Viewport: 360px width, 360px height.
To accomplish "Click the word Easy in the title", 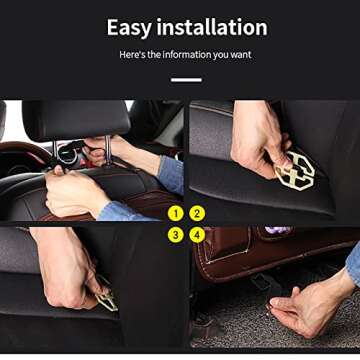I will tap(131, 28).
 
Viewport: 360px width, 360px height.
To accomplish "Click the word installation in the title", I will tap(212, 28).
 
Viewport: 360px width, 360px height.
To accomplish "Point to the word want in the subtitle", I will tap(241, 54).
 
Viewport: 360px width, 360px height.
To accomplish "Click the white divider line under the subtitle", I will tap(185, 80).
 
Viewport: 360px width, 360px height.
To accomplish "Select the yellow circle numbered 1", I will tap(176, 213).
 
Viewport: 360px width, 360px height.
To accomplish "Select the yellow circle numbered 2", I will tap(197, 213).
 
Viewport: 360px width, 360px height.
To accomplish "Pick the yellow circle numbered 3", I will tap(176, 235).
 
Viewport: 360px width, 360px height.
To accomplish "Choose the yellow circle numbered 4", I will tap(197, 235).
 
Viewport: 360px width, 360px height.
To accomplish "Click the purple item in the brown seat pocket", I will tap(276, 231).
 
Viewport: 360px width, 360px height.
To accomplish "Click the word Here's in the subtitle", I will tap(133, 54).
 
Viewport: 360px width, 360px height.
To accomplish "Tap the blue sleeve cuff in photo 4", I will tap(353, 262).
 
